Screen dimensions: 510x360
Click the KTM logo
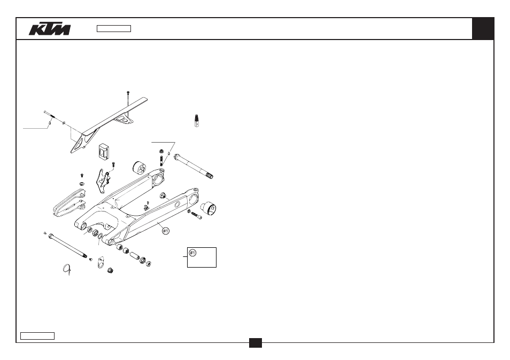(x=50, y=29)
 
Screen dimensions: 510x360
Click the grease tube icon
(x=196, y=121)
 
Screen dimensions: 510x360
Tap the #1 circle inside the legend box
(x=192, y=253)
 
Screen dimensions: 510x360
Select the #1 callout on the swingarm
(x=166, y=231)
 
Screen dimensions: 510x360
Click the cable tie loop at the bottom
(x=66, y=269)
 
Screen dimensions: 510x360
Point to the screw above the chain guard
(x=128, y=98)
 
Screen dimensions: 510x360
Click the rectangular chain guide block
(x=104, y=152)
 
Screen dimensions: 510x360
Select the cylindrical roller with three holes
(x=140, y=167)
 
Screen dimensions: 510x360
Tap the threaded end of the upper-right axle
(x=210, y=176)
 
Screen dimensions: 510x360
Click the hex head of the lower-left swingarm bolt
(x=51, y=236)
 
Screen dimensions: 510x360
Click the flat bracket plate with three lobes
(x=103, y=181)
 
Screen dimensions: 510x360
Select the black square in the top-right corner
(x=483, y=29)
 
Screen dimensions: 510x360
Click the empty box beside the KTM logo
(x=114, y=29)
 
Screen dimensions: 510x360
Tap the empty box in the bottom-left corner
(x=37, y=335)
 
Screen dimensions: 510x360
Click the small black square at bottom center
(x=256, y=343)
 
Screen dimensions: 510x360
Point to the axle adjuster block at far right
(x=208, y=208)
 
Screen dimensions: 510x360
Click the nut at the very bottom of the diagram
(x=110, y=270)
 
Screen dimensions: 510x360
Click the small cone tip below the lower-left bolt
(x=91, y=259)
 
